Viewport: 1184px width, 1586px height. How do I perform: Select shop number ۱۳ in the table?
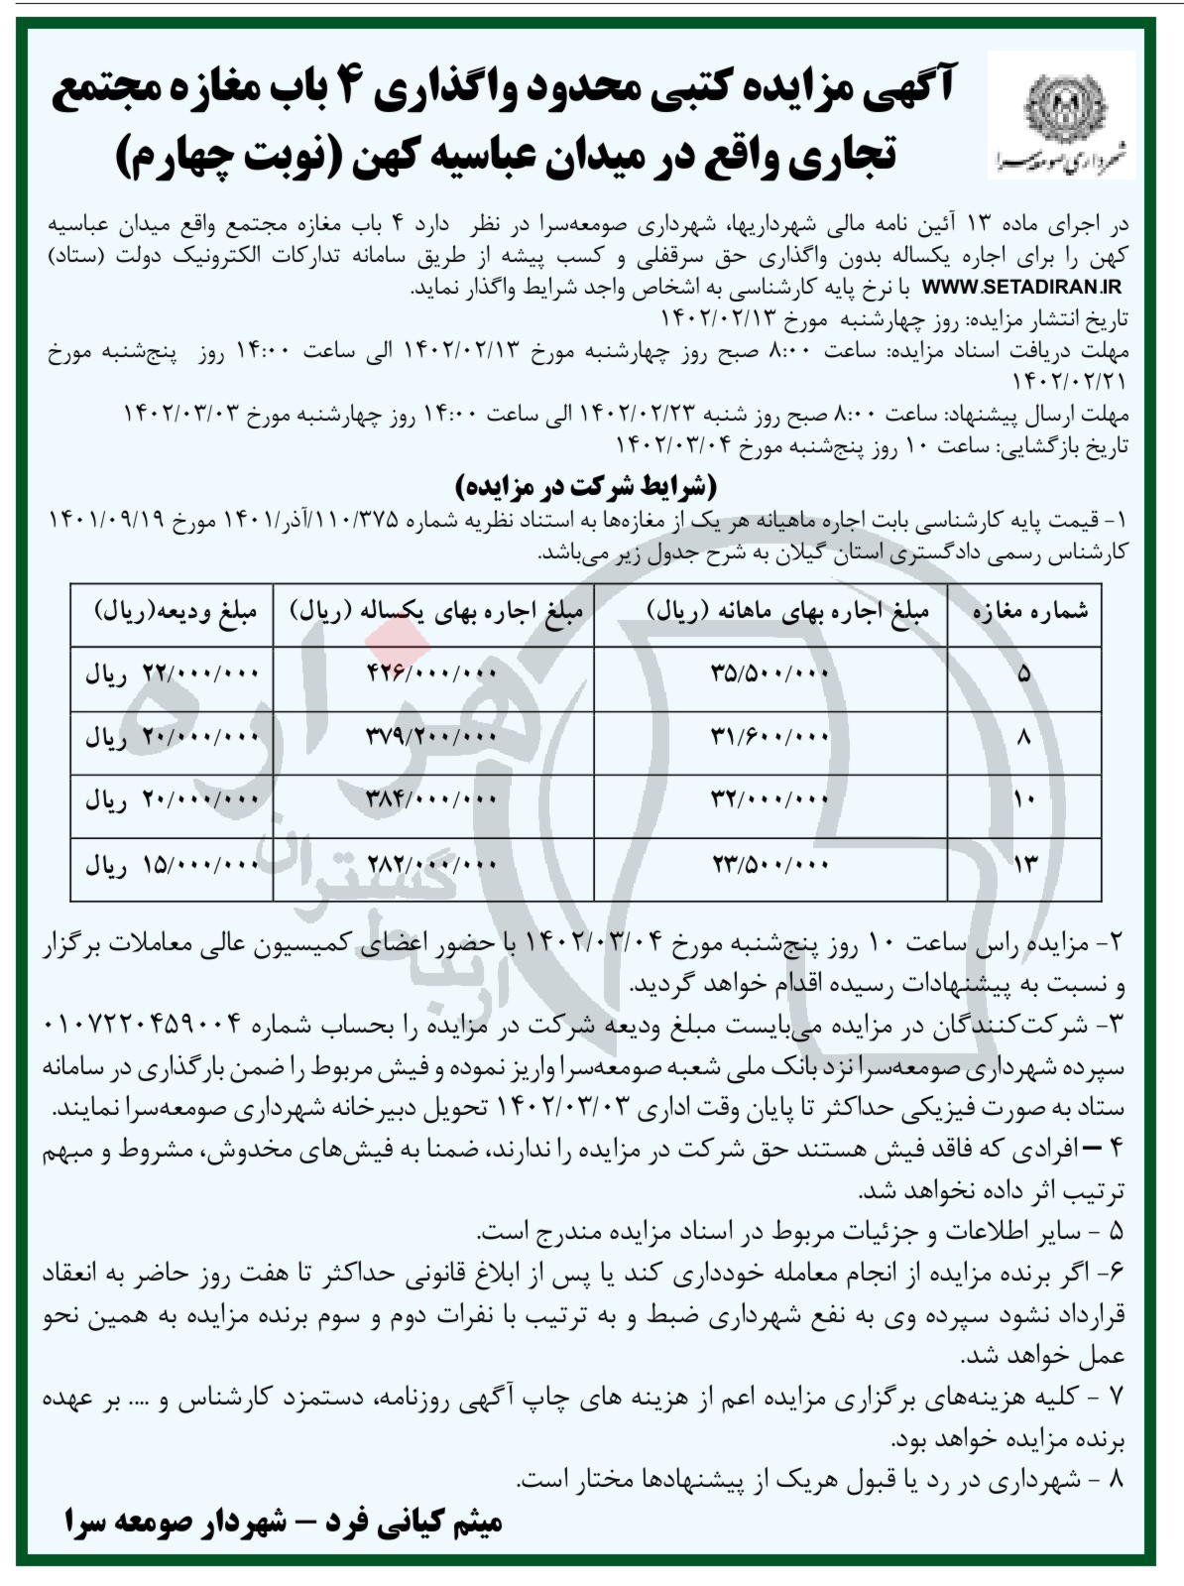tap(1023, 865)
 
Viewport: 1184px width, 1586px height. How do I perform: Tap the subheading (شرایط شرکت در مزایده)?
tap(585, 487)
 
